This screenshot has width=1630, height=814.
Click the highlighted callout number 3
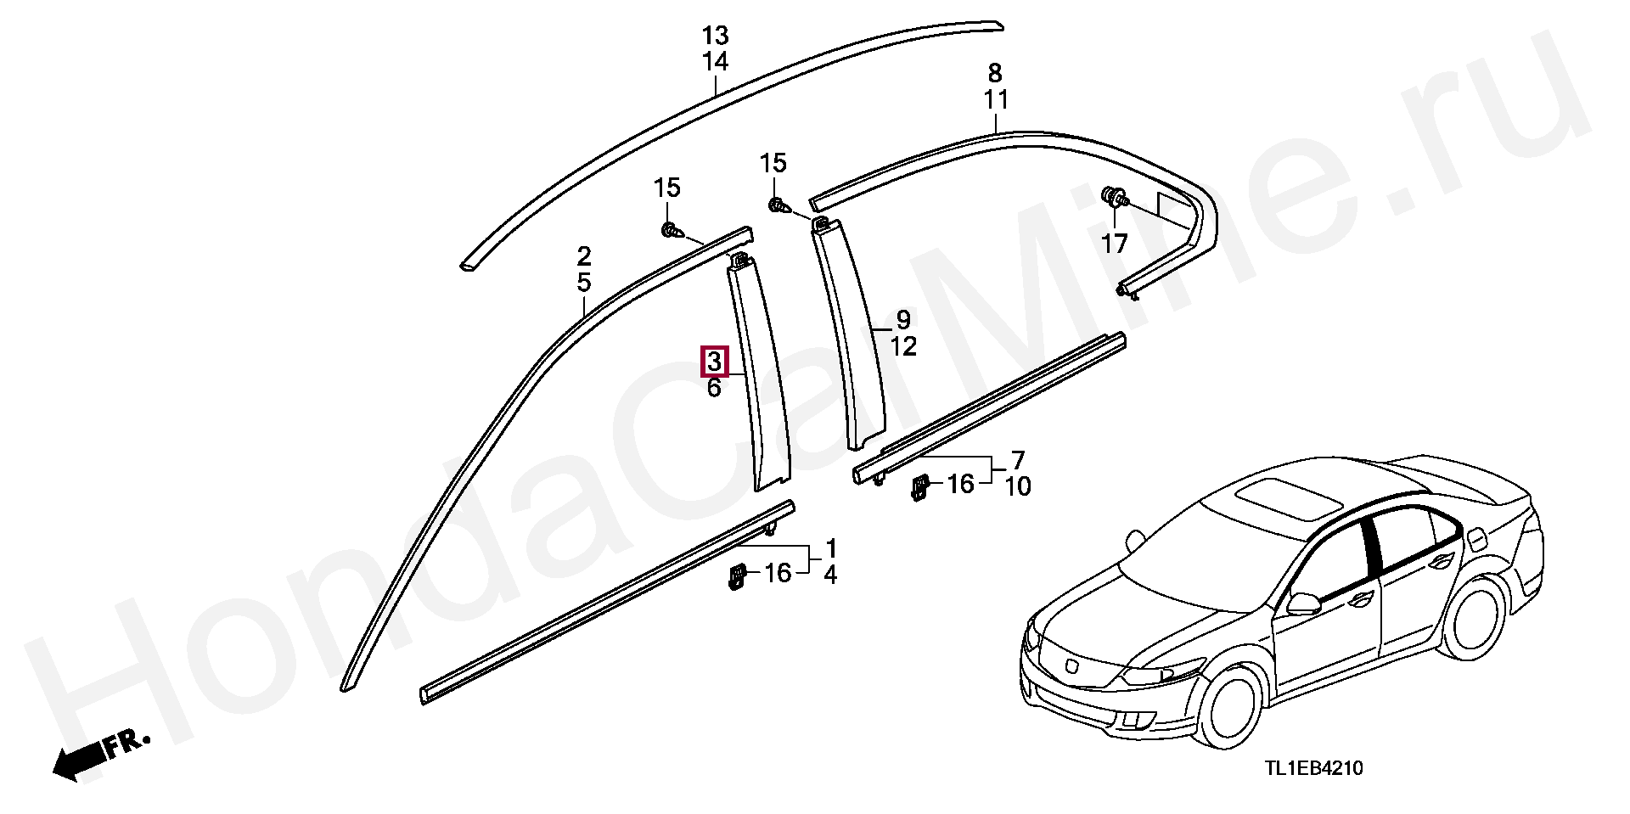click(714, 362)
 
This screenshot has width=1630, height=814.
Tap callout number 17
click(1114, 244)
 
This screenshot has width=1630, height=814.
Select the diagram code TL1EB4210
click(1313, 769)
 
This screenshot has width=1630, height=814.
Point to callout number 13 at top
click(716, 36)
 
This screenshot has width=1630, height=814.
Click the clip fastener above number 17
click(1113, 198)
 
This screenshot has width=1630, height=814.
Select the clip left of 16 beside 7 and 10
click(919, 487)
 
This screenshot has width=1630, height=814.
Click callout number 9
click(903, 320)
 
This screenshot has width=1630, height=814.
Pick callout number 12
click(903, 346)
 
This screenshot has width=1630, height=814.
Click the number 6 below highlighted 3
click(714, 388)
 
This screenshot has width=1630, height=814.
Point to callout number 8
click(995, 73)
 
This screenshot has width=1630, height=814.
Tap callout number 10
click(1017, 486)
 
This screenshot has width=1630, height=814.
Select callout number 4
click(830, 575)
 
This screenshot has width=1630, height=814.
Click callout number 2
click(583, 255)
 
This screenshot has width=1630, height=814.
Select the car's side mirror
click(1304, 603)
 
